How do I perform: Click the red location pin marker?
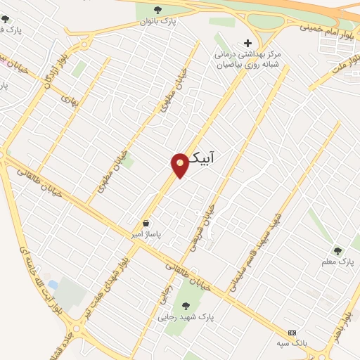180,165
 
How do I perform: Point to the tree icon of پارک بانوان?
157,10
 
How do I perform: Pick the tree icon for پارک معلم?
337,250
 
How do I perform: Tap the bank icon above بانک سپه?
292,333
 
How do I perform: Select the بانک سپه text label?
292,342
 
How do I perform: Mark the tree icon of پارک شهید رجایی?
186,305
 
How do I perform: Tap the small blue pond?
52,285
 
